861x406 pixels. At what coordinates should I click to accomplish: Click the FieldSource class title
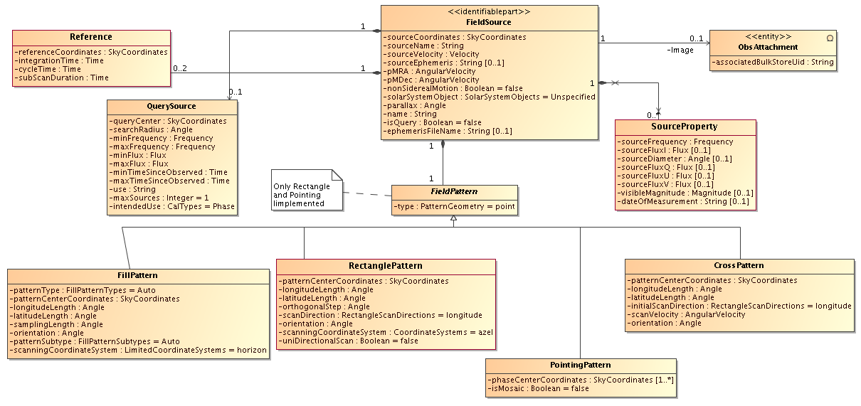pyautogui.click(x=489, y=22)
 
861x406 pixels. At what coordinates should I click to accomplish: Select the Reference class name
pyautogui.click(x=91, y=37)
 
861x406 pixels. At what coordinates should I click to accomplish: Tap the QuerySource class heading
pyautogui.click(x=171, y=107)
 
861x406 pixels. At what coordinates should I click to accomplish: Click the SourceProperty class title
pyautogui.click(x=685, y=127)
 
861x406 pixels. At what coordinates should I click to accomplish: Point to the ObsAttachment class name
pyautogui.click(x=768, y=47)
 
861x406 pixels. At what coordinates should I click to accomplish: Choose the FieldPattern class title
pyautogui.click(x=454, y=192)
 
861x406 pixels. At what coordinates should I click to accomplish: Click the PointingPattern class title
pyautogui.click(x=581, y=365)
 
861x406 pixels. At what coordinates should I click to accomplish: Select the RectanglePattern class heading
pyautogui.click(x=386, y=266)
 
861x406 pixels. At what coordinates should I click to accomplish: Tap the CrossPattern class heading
pyautogui.click(x=739, y=265)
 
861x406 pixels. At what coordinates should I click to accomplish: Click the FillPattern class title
pyautogui.click(x=137, y=275)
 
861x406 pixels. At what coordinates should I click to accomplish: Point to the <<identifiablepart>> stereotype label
pyautogui.click(x=489, y=12)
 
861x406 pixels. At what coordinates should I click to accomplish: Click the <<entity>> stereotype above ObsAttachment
pyautogui.click(x=768, y=37)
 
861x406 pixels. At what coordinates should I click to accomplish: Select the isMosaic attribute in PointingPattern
pyautogui.click(x=538, y=389)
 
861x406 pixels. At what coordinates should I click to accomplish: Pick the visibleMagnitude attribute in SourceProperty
pyautogui.click(x=685, y=193)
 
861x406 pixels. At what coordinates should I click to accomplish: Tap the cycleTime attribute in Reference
pyautogui.click(x=48, y=70)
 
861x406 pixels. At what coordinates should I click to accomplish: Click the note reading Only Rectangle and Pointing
pyautogui.click(x=307, y=190)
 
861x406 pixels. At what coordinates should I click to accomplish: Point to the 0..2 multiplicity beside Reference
pyautogui.click(x=180, y=69)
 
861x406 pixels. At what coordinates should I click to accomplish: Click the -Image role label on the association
pyautogui.click(x=680, y=50)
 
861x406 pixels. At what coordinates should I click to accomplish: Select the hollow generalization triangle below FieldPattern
pyautogui.click(x=453, y=218)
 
